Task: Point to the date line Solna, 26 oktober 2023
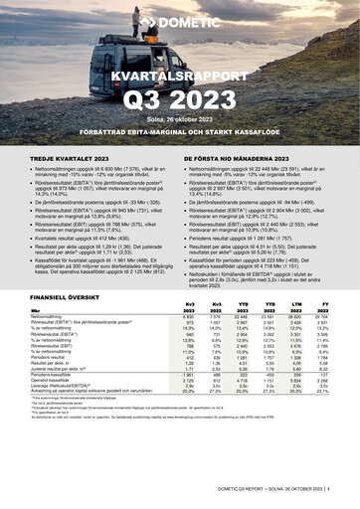click(x=179, y=121)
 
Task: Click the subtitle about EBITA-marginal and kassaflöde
click(x=180, y=134)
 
